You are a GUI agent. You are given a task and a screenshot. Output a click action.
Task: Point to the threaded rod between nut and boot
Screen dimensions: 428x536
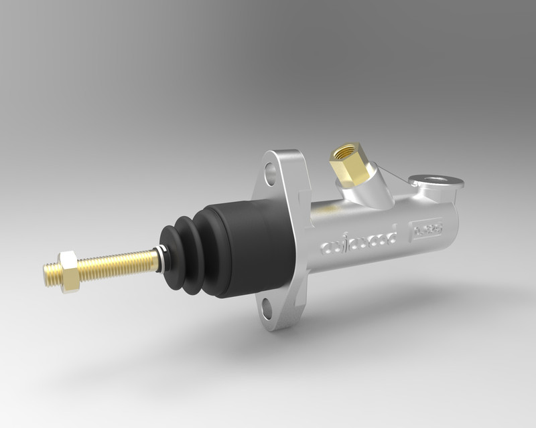click(x=117, y=264)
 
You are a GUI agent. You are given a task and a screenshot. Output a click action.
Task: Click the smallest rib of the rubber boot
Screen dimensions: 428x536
click(x=169, y=256)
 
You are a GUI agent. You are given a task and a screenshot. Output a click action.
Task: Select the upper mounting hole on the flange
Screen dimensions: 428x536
click(x=270, y=174)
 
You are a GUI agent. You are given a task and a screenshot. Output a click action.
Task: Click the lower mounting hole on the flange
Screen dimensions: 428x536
click(x=267, y=308)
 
